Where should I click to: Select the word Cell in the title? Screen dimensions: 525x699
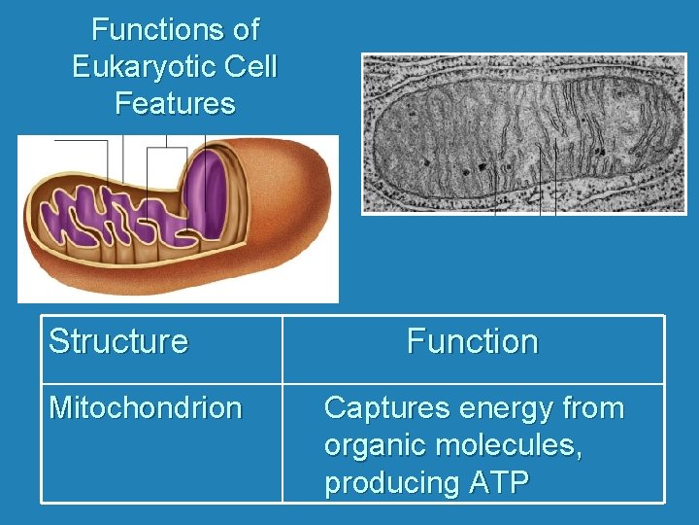pyautogui.click(x=251, y=67)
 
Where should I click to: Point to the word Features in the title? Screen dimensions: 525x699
pyautogui.click(x=175, y=103)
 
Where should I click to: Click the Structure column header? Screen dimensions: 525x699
pyautogui.click(x=118, y=342)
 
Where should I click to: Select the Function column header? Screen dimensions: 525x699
pyautogui.click(x=472, y=342)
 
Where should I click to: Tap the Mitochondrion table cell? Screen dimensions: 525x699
pyautogui.click(x=146, y=408)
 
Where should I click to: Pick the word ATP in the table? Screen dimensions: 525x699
pyautogui.click(x=495, y=483)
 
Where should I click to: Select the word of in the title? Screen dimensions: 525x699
pyautogui.click(x=246, y=30)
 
